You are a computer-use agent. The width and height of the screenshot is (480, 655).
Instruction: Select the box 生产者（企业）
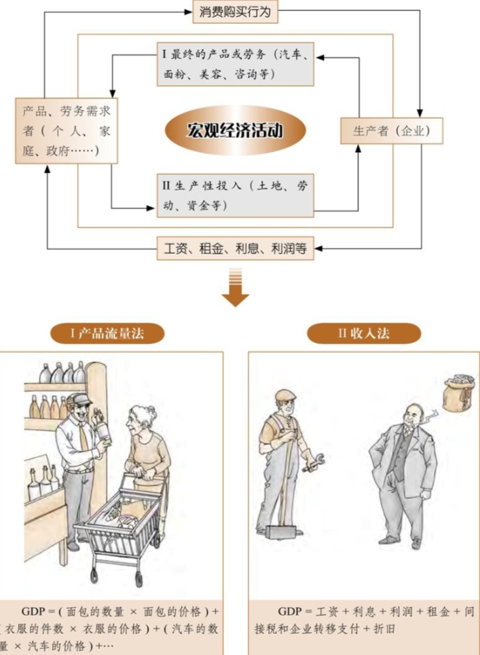tap(390, 130)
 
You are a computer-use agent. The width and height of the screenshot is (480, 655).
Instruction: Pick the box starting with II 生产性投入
tap(234, 194)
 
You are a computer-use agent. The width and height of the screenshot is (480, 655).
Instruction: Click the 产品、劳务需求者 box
tap(65, 131)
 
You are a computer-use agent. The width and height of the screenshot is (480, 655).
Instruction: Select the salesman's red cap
tap(78, 400)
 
